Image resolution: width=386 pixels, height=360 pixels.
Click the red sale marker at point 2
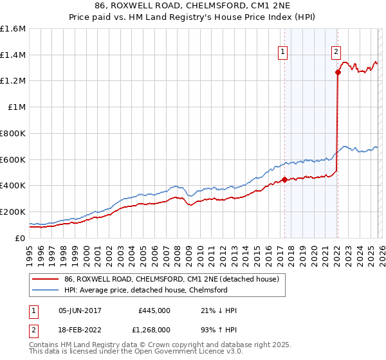pyautogui.click(x=338, y=72)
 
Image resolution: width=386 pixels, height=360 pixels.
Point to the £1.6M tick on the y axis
pyautogui.click(x=13, y=29)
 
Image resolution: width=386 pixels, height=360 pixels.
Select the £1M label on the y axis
pyautogui.click(x=15, y=107)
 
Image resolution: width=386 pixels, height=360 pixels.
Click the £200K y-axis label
pyautogui.click(x=13, y=212)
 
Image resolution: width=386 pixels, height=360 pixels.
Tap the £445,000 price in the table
pyautogui.click(x=154, y=310)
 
